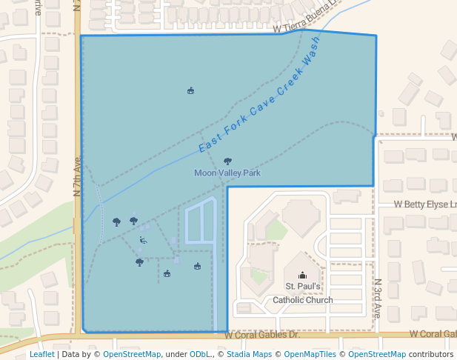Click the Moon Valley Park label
click(x=227, y=173)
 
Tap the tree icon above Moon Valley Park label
click(x=227, y=161)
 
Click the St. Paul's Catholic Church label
click(x=302, y=293)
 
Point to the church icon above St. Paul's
click(x=301, y=275)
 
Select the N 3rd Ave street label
click(x=377, y=299)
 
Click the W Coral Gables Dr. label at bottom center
click(x=262, y=335)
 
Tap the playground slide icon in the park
click(x=143, y=240)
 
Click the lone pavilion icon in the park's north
click(x=191, y=91)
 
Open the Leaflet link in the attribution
click(x=41, y=355)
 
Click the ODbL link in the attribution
click(x=200, y=355)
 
